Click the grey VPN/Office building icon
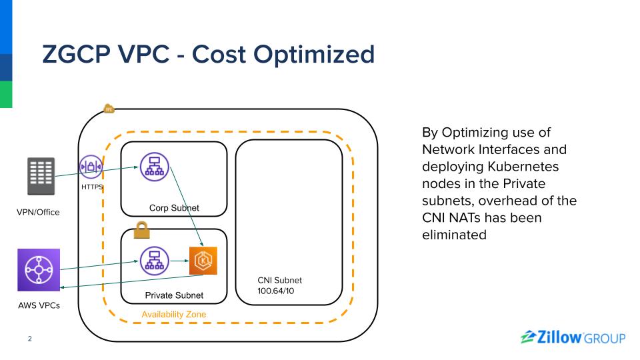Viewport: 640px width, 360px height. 40,177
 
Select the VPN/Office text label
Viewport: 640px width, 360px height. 38,213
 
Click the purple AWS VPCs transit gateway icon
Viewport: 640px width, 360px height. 39,270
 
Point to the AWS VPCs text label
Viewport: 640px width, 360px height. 39,305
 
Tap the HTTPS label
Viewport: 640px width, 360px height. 92,187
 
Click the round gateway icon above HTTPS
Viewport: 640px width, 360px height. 91,166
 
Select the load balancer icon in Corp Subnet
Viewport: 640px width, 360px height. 155,166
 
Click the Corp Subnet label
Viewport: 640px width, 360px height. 174,208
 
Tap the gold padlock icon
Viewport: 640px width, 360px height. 141,231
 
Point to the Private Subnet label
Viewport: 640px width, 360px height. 174,295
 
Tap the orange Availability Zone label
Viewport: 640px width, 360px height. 174,314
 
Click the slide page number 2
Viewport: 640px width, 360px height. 29,339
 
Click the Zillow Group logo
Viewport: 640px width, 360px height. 573,337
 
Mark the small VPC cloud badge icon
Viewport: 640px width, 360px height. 109,109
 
